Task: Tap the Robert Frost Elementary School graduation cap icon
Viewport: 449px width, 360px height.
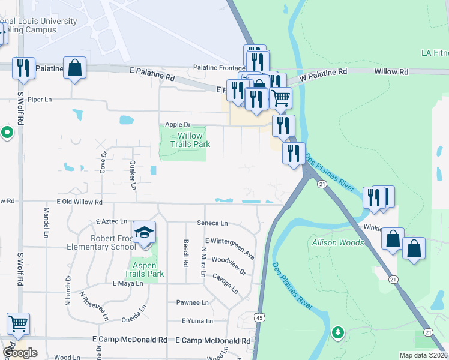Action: (x=144, y=233)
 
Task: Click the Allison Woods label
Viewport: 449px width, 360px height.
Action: (x=338, y=242)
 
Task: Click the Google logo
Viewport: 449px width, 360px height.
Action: (x=20, y=353)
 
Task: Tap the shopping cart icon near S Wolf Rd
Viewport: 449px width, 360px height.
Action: (x=18, y=324)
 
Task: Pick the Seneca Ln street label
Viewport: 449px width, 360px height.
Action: (x=212, y=223)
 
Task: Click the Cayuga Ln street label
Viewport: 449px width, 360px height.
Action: (x=224, y=284)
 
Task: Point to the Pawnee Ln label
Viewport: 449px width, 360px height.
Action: (x=193, y=302)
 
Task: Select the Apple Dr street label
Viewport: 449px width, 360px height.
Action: (x=169, y=124)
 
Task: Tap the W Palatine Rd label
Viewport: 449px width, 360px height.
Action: (x=324, y=71)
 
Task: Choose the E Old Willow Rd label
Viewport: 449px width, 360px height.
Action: (x=80, y=202)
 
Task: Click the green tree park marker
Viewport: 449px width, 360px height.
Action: (x=338, y=332)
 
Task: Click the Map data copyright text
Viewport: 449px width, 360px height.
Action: (x=423, y=355)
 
